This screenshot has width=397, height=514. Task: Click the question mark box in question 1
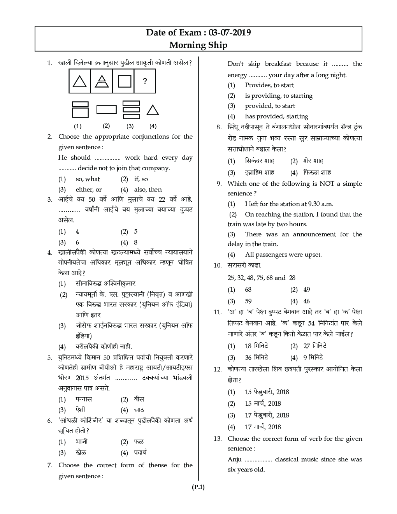145,81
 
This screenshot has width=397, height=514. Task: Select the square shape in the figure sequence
124,81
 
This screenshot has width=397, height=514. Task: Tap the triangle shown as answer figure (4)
153,110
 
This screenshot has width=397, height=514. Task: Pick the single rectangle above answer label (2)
106,109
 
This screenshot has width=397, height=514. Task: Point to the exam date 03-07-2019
230,32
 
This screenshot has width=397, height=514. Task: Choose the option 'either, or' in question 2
88,190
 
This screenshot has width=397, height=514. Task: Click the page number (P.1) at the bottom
198,487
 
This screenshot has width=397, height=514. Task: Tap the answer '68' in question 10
248,290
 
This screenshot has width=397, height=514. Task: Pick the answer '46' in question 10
306,301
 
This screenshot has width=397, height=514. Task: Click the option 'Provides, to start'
269,85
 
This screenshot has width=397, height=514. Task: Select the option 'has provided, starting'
276,116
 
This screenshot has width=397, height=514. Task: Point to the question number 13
217,439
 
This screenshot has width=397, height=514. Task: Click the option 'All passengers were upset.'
283,255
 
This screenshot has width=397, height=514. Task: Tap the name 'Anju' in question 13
235,459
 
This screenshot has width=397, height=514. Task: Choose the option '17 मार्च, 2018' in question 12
263,427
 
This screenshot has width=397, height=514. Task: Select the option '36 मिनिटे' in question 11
256,357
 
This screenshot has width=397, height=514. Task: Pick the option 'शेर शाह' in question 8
313,161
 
